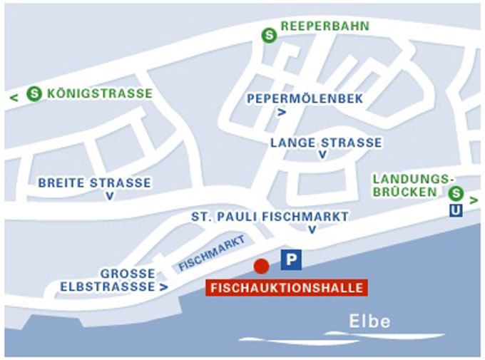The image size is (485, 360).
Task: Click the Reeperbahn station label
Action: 325,26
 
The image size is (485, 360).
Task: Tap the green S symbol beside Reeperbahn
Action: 269,34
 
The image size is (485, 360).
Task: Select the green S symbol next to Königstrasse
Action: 34,93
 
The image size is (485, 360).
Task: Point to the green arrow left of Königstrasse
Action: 13,97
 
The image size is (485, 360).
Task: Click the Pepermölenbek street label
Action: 295,98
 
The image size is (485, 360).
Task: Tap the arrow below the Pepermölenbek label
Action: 282,112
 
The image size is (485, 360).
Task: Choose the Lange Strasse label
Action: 326,143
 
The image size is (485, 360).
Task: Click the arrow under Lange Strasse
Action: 323,155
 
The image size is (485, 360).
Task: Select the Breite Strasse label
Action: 94,182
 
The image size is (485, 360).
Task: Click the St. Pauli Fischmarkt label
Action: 270,216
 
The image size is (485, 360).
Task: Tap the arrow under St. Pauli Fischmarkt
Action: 312,230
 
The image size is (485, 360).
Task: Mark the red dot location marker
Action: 262,266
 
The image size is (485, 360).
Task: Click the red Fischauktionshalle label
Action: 286,288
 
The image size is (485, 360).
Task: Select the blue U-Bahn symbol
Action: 455,210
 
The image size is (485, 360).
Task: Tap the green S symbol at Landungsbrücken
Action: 456,192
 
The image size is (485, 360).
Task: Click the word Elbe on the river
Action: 369,322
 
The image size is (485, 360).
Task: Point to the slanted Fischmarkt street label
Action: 212,254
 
